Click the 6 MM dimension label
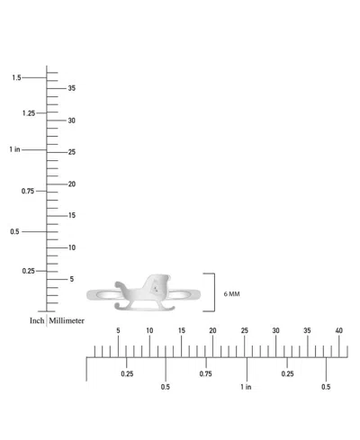pos(231,294)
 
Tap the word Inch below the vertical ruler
pos(37,320)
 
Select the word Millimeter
pos(67,320)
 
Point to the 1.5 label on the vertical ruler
pos(16,77)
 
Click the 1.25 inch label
pos(29,113)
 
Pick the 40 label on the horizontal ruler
pos(338,330)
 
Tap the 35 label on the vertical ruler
pos(72,88)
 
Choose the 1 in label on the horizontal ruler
pos(246,387)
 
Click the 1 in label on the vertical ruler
pos(14,149)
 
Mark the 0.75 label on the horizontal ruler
pos(205,373)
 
